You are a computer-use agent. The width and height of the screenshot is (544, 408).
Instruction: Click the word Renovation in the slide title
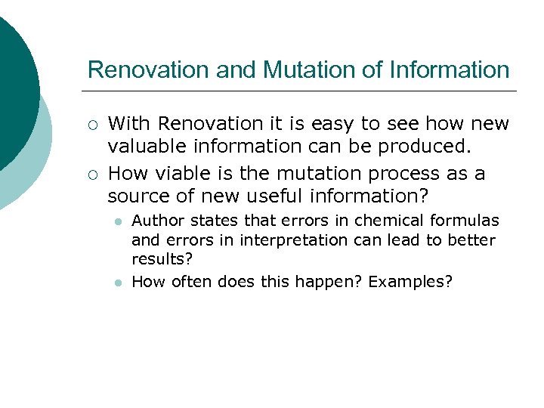[x=149, y=70]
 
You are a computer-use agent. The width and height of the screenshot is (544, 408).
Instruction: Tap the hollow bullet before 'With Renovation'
[x=91, y=124]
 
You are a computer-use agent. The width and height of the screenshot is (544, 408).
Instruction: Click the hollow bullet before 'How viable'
[x=91, y=175]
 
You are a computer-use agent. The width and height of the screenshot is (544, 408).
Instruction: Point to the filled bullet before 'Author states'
[x=118, y=221]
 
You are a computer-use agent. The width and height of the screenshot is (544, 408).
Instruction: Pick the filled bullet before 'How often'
[x=118, y=283]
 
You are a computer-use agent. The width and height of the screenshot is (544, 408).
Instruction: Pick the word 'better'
[x=471, y=240]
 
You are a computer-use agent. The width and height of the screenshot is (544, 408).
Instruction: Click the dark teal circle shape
[x=15, y=83]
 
